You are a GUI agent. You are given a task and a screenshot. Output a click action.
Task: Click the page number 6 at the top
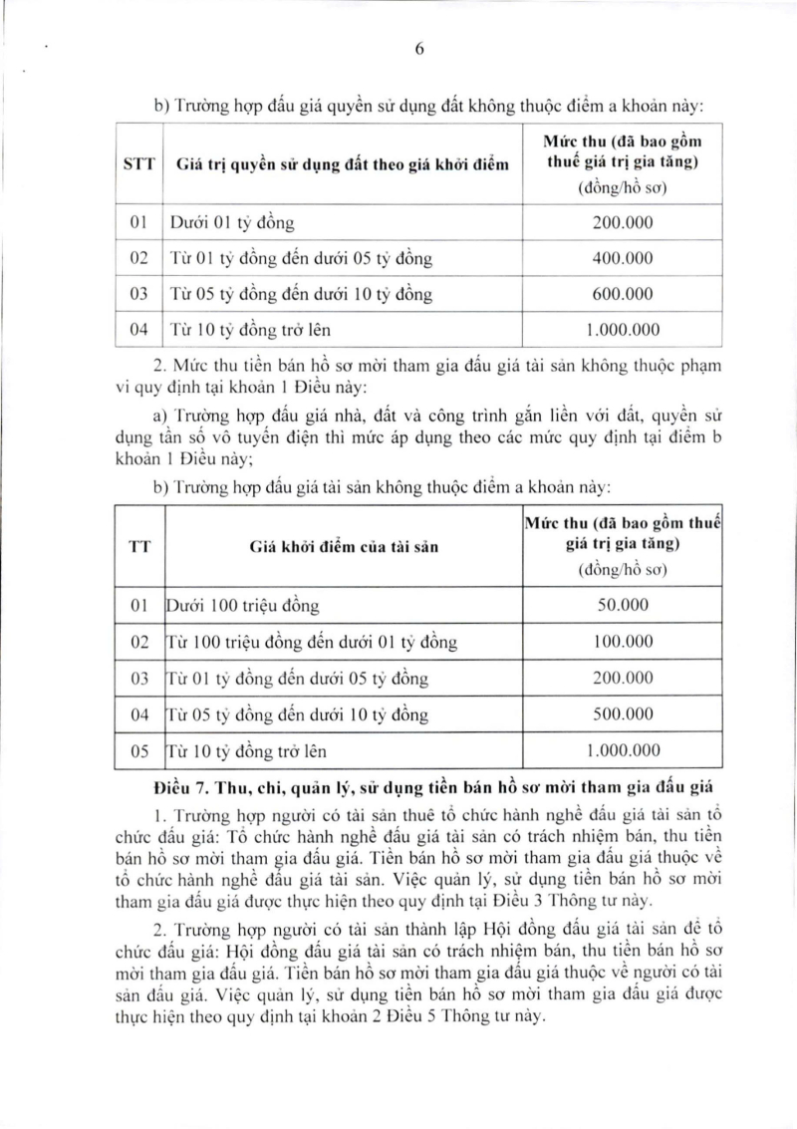tap(418, 54)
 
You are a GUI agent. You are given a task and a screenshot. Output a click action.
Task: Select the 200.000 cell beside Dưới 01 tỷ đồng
tap(623, 222)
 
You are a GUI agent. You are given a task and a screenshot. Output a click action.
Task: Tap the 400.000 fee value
tap(623, 258)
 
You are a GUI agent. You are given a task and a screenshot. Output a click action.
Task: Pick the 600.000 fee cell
tap(623, 294)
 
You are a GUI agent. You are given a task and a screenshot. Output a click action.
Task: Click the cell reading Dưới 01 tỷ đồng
tap(232, 222)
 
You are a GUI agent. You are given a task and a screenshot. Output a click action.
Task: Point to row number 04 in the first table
tap(139, 330)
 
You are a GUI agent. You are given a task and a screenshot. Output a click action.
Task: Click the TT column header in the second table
tap(139, 546)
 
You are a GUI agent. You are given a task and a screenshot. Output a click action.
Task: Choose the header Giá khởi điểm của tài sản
tap(344, 546)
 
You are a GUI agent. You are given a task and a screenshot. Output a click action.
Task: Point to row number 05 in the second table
tap(139, 751)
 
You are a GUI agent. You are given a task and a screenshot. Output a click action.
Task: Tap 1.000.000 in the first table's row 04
tap(623, 330)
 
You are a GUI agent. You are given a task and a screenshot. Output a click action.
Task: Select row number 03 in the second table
tap(139, 679)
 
